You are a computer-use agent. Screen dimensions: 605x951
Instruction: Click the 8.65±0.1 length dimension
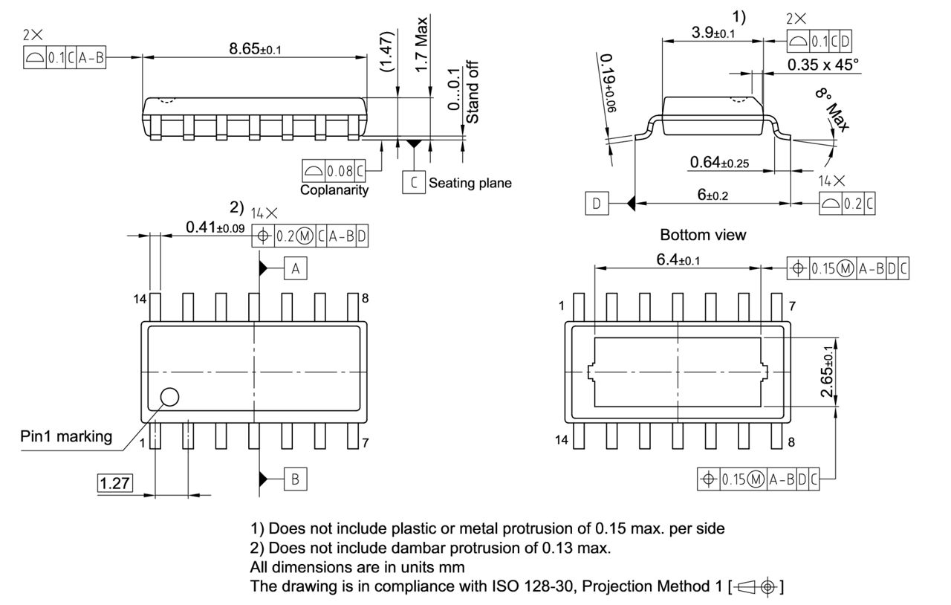click(x=255, y=49)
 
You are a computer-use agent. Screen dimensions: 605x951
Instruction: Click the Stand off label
click(x=473, y=92)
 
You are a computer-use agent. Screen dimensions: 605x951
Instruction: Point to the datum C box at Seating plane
click(x=412, y=182)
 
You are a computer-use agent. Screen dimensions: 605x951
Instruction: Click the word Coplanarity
click(x=334, y=190)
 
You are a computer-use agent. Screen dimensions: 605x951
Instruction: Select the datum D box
click(x=596, y=202)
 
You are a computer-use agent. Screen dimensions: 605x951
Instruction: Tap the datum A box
click(x=295, y=269)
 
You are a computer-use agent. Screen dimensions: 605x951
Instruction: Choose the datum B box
click(x=295, y=479)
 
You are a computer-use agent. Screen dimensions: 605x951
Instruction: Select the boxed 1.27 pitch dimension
click(x=114, y=483)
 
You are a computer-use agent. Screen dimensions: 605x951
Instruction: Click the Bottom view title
click(x=703, y=235)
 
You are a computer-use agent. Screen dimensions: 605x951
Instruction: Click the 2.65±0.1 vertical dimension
click(x=828, y=371)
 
